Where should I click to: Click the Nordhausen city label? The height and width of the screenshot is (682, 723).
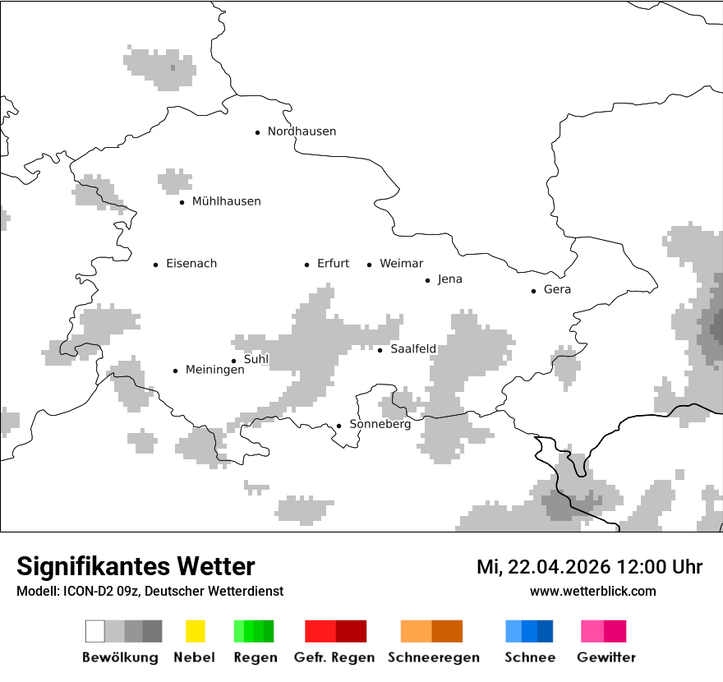click(302, 131)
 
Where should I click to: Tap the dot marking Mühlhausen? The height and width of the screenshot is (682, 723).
click(182, 202)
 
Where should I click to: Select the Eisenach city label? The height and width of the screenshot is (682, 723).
click(191, 264)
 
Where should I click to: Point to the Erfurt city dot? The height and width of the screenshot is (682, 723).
click(306, 265)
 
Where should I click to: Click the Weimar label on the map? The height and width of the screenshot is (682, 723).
click(401, 264)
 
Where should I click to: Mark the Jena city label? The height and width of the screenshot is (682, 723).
click(449, 279)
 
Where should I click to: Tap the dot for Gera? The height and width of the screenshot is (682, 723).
click(533, 291)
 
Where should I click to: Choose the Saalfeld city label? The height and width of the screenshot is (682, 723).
click(412, 349)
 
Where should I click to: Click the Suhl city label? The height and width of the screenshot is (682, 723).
click(256, 359)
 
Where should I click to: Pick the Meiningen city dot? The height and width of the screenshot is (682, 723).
click(175, 371)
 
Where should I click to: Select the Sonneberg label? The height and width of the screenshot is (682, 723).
click(380, 425)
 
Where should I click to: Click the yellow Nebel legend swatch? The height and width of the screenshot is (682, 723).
click(195, 631)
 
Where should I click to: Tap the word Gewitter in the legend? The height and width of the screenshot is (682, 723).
click(606, 657)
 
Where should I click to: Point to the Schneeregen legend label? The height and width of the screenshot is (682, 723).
click(433, 657)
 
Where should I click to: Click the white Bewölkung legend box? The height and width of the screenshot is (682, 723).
click(95, 631)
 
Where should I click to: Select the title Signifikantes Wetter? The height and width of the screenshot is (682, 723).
click(136, 566)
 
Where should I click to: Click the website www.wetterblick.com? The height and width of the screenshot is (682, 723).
click(592, 591)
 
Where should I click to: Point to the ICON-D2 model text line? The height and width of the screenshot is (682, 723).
click(150, 591)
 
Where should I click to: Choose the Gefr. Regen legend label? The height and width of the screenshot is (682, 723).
click(334, 657)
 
